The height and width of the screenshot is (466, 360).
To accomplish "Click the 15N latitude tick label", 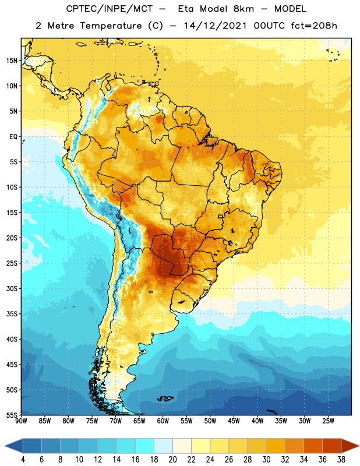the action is (x=12, y=61).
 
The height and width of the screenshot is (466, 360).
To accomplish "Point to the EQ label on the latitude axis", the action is (x=13, y=137).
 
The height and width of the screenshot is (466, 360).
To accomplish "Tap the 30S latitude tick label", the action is (x=12, y=288).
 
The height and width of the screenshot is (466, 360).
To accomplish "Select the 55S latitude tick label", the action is (x=12, y=415).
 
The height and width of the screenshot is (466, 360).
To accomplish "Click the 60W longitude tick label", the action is (x=163, y=421).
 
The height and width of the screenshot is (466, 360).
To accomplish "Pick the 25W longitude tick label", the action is (x=328, y=421).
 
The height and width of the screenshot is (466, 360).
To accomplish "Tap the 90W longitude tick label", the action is (x=21, y=421).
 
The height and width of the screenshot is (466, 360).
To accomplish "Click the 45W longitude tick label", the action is (x=234, y=421).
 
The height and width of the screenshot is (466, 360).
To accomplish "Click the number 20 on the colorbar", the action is (x=172, y=460).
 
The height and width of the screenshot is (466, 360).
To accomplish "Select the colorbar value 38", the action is (x=341, y=460).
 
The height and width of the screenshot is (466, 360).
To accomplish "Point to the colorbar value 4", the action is (x=23, y=460).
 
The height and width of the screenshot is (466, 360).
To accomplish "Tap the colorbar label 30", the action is (x=266, y=460).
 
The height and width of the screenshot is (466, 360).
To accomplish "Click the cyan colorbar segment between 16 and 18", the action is (x=145, y=446).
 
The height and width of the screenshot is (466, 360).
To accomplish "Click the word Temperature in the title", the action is (x=111, y=26).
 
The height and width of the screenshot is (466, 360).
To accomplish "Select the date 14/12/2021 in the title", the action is (x=215, y=26).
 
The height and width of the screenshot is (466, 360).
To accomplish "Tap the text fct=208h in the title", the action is (x=314, y=26).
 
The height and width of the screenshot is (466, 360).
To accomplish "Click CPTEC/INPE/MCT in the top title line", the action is (x=109, y=9).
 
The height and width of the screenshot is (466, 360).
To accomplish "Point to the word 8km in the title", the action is (x=243, y=9).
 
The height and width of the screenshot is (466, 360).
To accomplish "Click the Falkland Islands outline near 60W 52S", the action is (x=165, y=398).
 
